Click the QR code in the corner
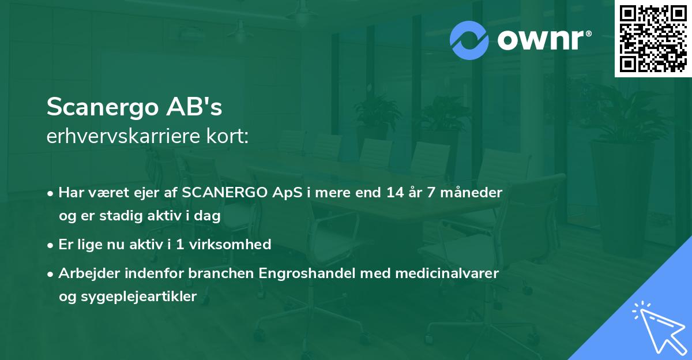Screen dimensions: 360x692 pos(653,38)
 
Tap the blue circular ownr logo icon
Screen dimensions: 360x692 pos(469,40)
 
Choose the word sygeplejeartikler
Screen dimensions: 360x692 pos(136,297)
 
